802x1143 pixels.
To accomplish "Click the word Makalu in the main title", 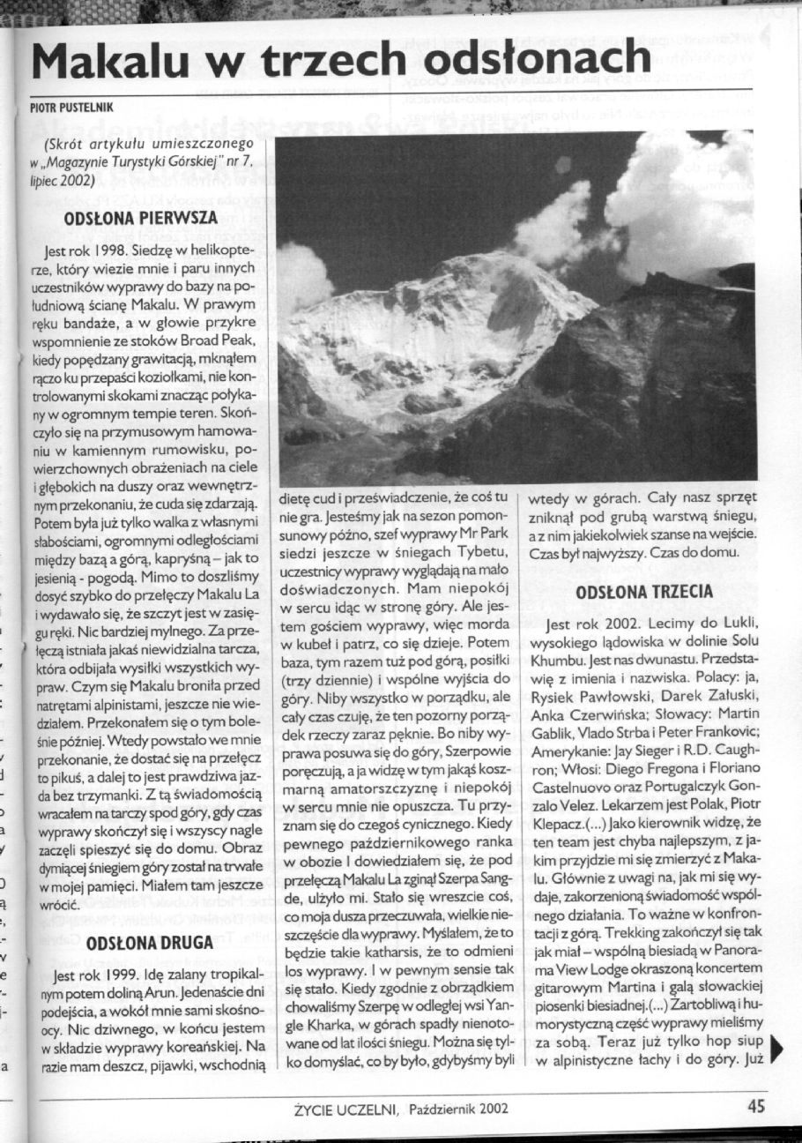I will click(112, 61).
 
